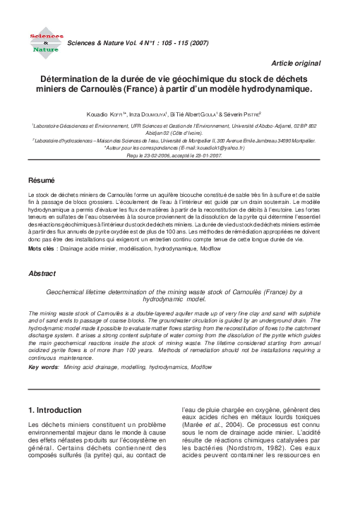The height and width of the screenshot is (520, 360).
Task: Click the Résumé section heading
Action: [41, 181]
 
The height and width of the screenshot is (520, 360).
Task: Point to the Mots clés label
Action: [41, 250]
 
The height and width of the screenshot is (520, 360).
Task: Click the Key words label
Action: [43, 368]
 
